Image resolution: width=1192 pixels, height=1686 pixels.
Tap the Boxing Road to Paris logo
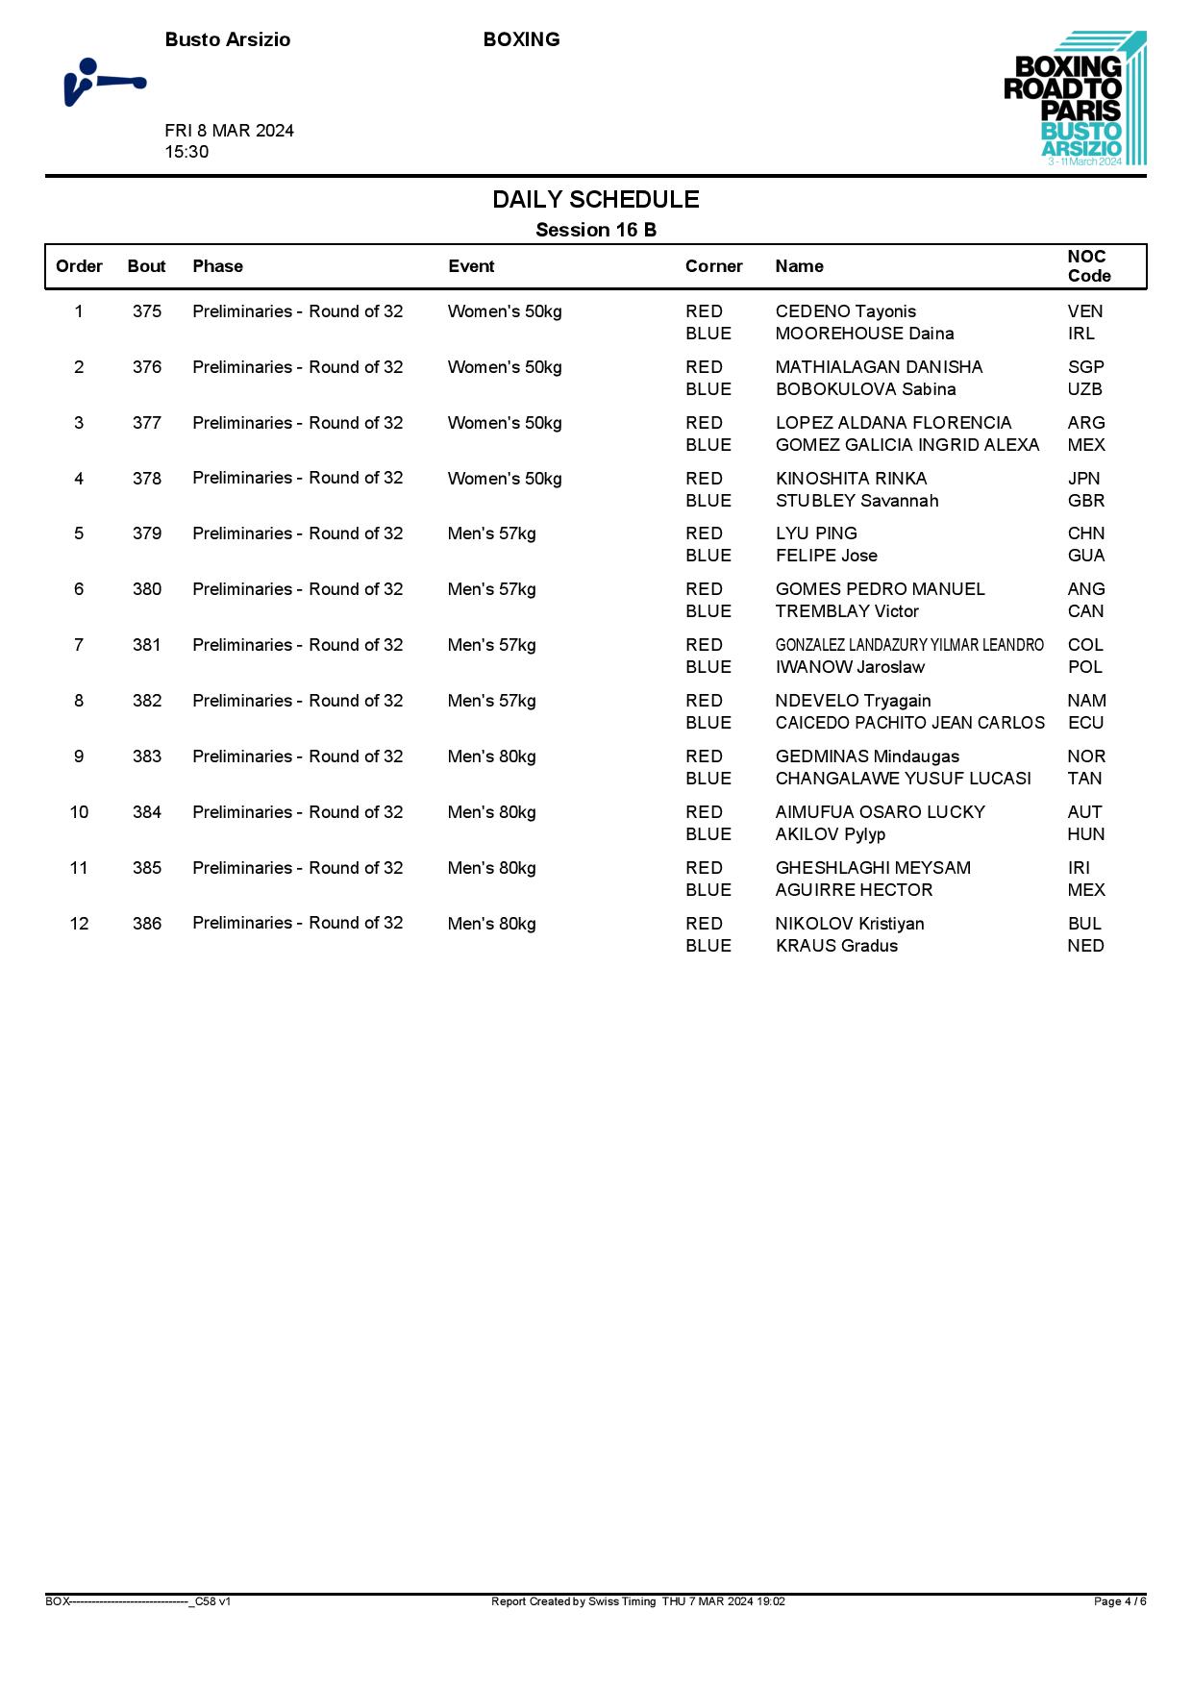pos(1074,99)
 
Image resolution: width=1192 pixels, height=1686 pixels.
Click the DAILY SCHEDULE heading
pos(595,199)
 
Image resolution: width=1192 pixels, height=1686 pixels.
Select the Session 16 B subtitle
pos(595,230)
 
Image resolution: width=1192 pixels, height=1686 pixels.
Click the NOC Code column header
pos(1088,266)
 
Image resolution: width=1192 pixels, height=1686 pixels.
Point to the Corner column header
pos(713,266)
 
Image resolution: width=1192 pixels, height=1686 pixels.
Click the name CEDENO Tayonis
pos(845,311)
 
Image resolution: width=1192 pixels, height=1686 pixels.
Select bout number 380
pos(147,589)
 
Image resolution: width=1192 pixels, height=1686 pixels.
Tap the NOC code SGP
pos(1085,367)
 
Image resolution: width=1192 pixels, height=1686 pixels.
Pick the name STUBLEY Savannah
pos(857,501)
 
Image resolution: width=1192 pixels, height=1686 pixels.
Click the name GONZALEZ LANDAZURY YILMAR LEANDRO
pos(909,645)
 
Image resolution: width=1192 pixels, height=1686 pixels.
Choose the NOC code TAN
pos(1084,779)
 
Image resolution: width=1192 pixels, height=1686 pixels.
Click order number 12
pos(79,924)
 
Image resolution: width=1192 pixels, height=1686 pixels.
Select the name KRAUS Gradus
pos(836,946)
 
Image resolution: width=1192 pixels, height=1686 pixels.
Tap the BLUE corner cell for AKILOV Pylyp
pos(708,834)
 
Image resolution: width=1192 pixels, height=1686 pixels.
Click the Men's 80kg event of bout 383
pos(491,756)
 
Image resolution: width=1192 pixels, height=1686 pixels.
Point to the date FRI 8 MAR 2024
pos(229,131)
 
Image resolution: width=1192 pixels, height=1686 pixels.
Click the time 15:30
pos(186,152)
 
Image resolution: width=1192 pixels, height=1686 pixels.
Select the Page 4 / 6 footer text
pos(1119,1601)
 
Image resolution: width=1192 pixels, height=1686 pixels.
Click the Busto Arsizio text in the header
pos(227,39)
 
